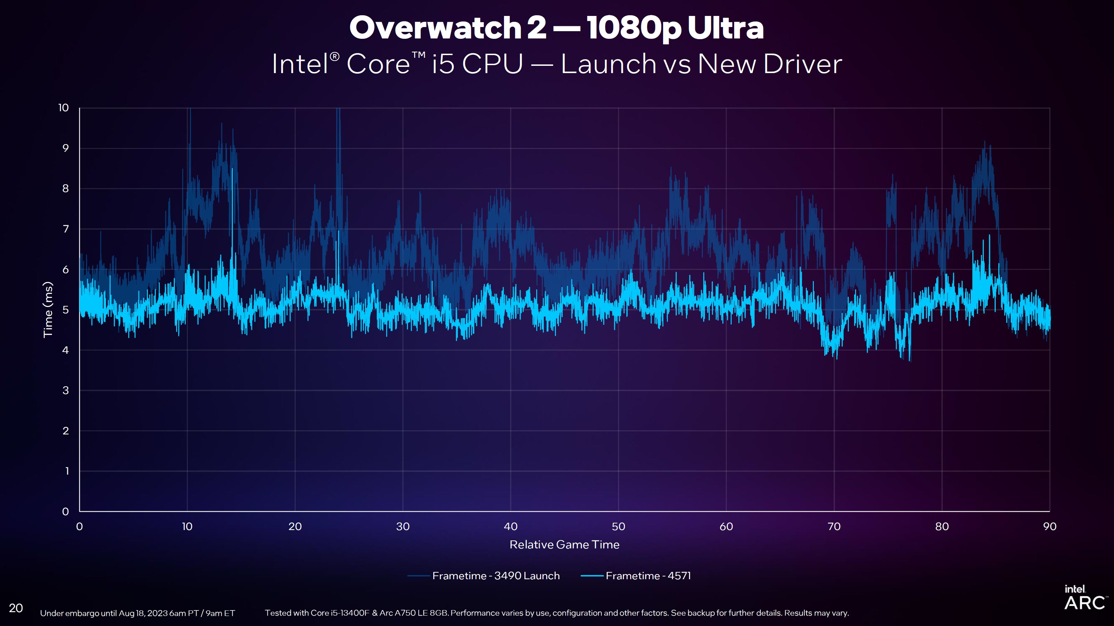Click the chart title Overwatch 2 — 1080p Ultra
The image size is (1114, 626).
[x=557, y=28]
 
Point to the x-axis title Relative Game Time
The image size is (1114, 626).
[x=564, y=545]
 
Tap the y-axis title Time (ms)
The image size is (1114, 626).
[x=47, y=310]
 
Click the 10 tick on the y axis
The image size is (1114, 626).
[x=63, y=108]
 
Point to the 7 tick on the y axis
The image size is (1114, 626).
[x=66, y=229]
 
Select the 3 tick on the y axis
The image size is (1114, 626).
[x=66, y=390]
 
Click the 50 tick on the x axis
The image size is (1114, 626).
[x=618, y=527]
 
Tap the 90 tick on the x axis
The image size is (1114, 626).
[x=1050, y=527]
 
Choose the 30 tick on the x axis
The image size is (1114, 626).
[x=403, y=527]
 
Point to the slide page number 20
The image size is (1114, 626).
[x=16, y=608]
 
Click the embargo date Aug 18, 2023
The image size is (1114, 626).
[x=143, y=613]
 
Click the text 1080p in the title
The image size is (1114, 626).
[x=634, y=28]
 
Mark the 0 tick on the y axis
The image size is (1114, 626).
[x=66, y=511]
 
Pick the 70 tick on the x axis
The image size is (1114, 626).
[x=834, y=527]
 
